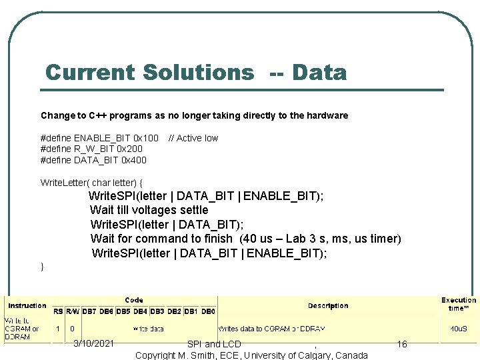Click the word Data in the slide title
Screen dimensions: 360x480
[x=319, y=72]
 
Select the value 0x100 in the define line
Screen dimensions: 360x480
[x=146, y=138]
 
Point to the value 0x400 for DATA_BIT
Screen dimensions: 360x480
[x=134, y=159]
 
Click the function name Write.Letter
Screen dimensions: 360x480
[x=65, y=182]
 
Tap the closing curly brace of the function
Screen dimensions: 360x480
[x=43, y=267]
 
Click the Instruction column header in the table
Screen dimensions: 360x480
[x=27, y=305]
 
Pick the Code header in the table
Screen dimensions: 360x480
[x=134, y=300]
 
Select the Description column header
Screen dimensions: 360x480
[x=328, y=305]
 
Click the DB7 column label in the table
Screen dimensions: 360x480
[x=89, y=311]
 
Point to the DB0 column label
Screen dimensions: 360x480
[x=209, y=311]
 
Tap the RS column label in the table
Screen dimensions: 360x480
[x=58, y=311]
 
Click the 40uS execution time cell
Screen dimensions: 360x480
[x=458, y=329]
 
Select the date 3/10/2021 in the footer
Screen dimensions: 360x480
[x=93, y=343]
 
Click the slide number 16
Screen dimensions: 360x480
[x=401, y=344]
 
